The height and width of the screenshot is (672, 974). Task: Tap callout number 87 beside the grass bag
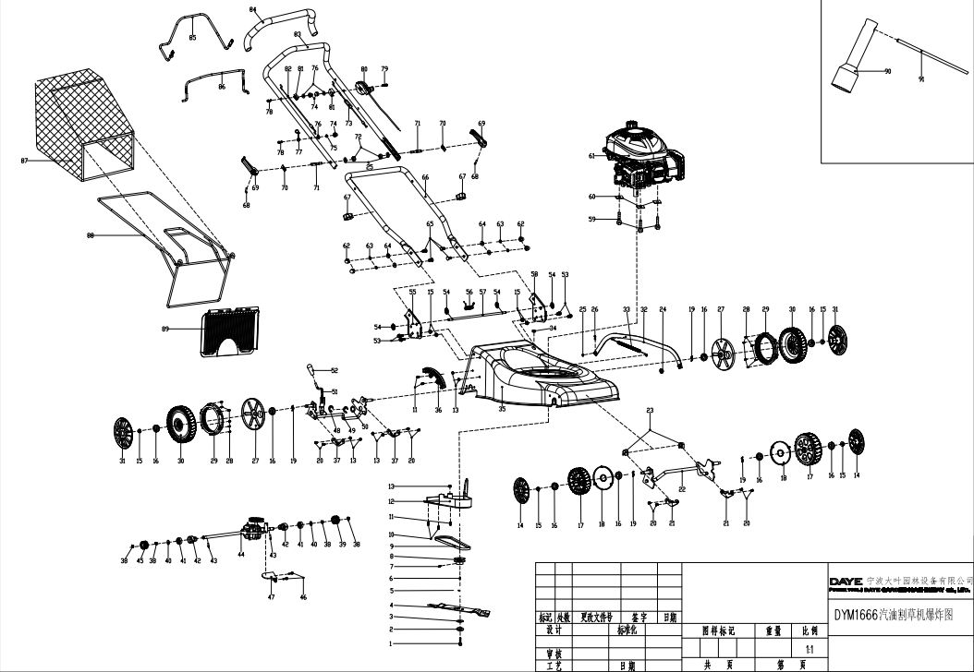point(25,161)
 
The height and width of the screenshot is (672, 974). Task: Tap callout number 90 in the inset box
point(887,71)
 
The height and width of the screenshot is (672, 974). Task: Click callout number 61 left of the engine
point(591,156)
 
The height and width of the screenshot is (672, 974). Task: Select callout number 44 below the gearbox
point(240,555)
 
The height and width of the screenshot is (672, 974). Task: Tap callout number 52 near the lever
point(335,370)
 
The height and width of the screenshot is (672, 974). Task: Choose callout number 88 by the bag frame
point(91,235)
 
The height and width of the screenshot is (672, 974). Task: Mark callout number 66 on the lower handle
point(425,177)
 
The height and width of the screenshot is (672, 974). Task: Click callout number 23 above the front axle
point(650,409)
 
